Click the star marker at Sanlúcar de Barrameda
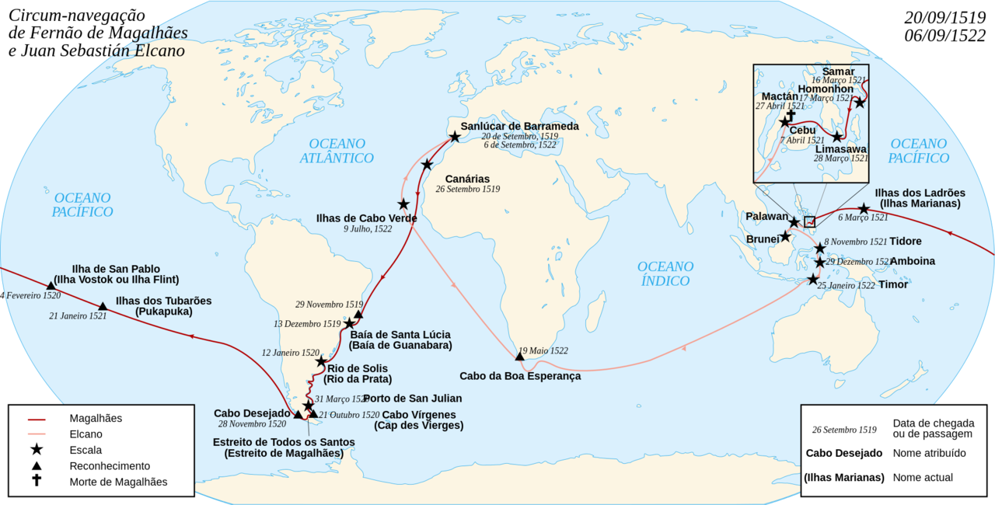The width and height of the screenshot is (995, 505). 455,137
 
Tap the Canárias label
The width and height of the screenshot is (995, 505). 466,179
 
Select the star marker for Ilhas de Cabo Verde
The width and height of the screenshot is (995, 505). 403,204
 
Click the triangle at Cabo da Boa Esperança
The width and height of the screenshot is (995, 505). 519,357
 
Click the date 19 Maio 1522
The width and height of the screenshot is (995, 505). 543,350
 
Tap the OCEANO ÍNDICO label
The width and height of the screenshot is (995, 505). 665,273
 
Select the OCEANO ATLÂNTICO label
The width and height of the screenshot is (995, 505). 337,151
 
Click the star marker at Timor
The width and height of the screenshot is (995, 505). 813,280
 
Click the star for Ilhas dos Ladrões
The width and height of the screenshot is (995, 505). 864,209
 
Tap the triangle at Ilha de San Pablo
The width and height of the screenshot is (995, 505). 51,285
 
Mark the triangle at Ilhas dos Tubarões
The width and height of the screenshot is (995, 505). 103,306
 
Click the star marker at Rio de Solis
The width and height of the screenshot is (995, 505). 321,362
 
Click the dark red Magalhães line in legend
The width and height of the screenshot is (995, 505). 37,418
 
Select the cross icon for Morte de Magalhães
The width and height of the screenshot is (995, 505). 37,481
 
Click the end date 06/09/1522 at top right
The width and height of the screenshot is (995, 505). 945,35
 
